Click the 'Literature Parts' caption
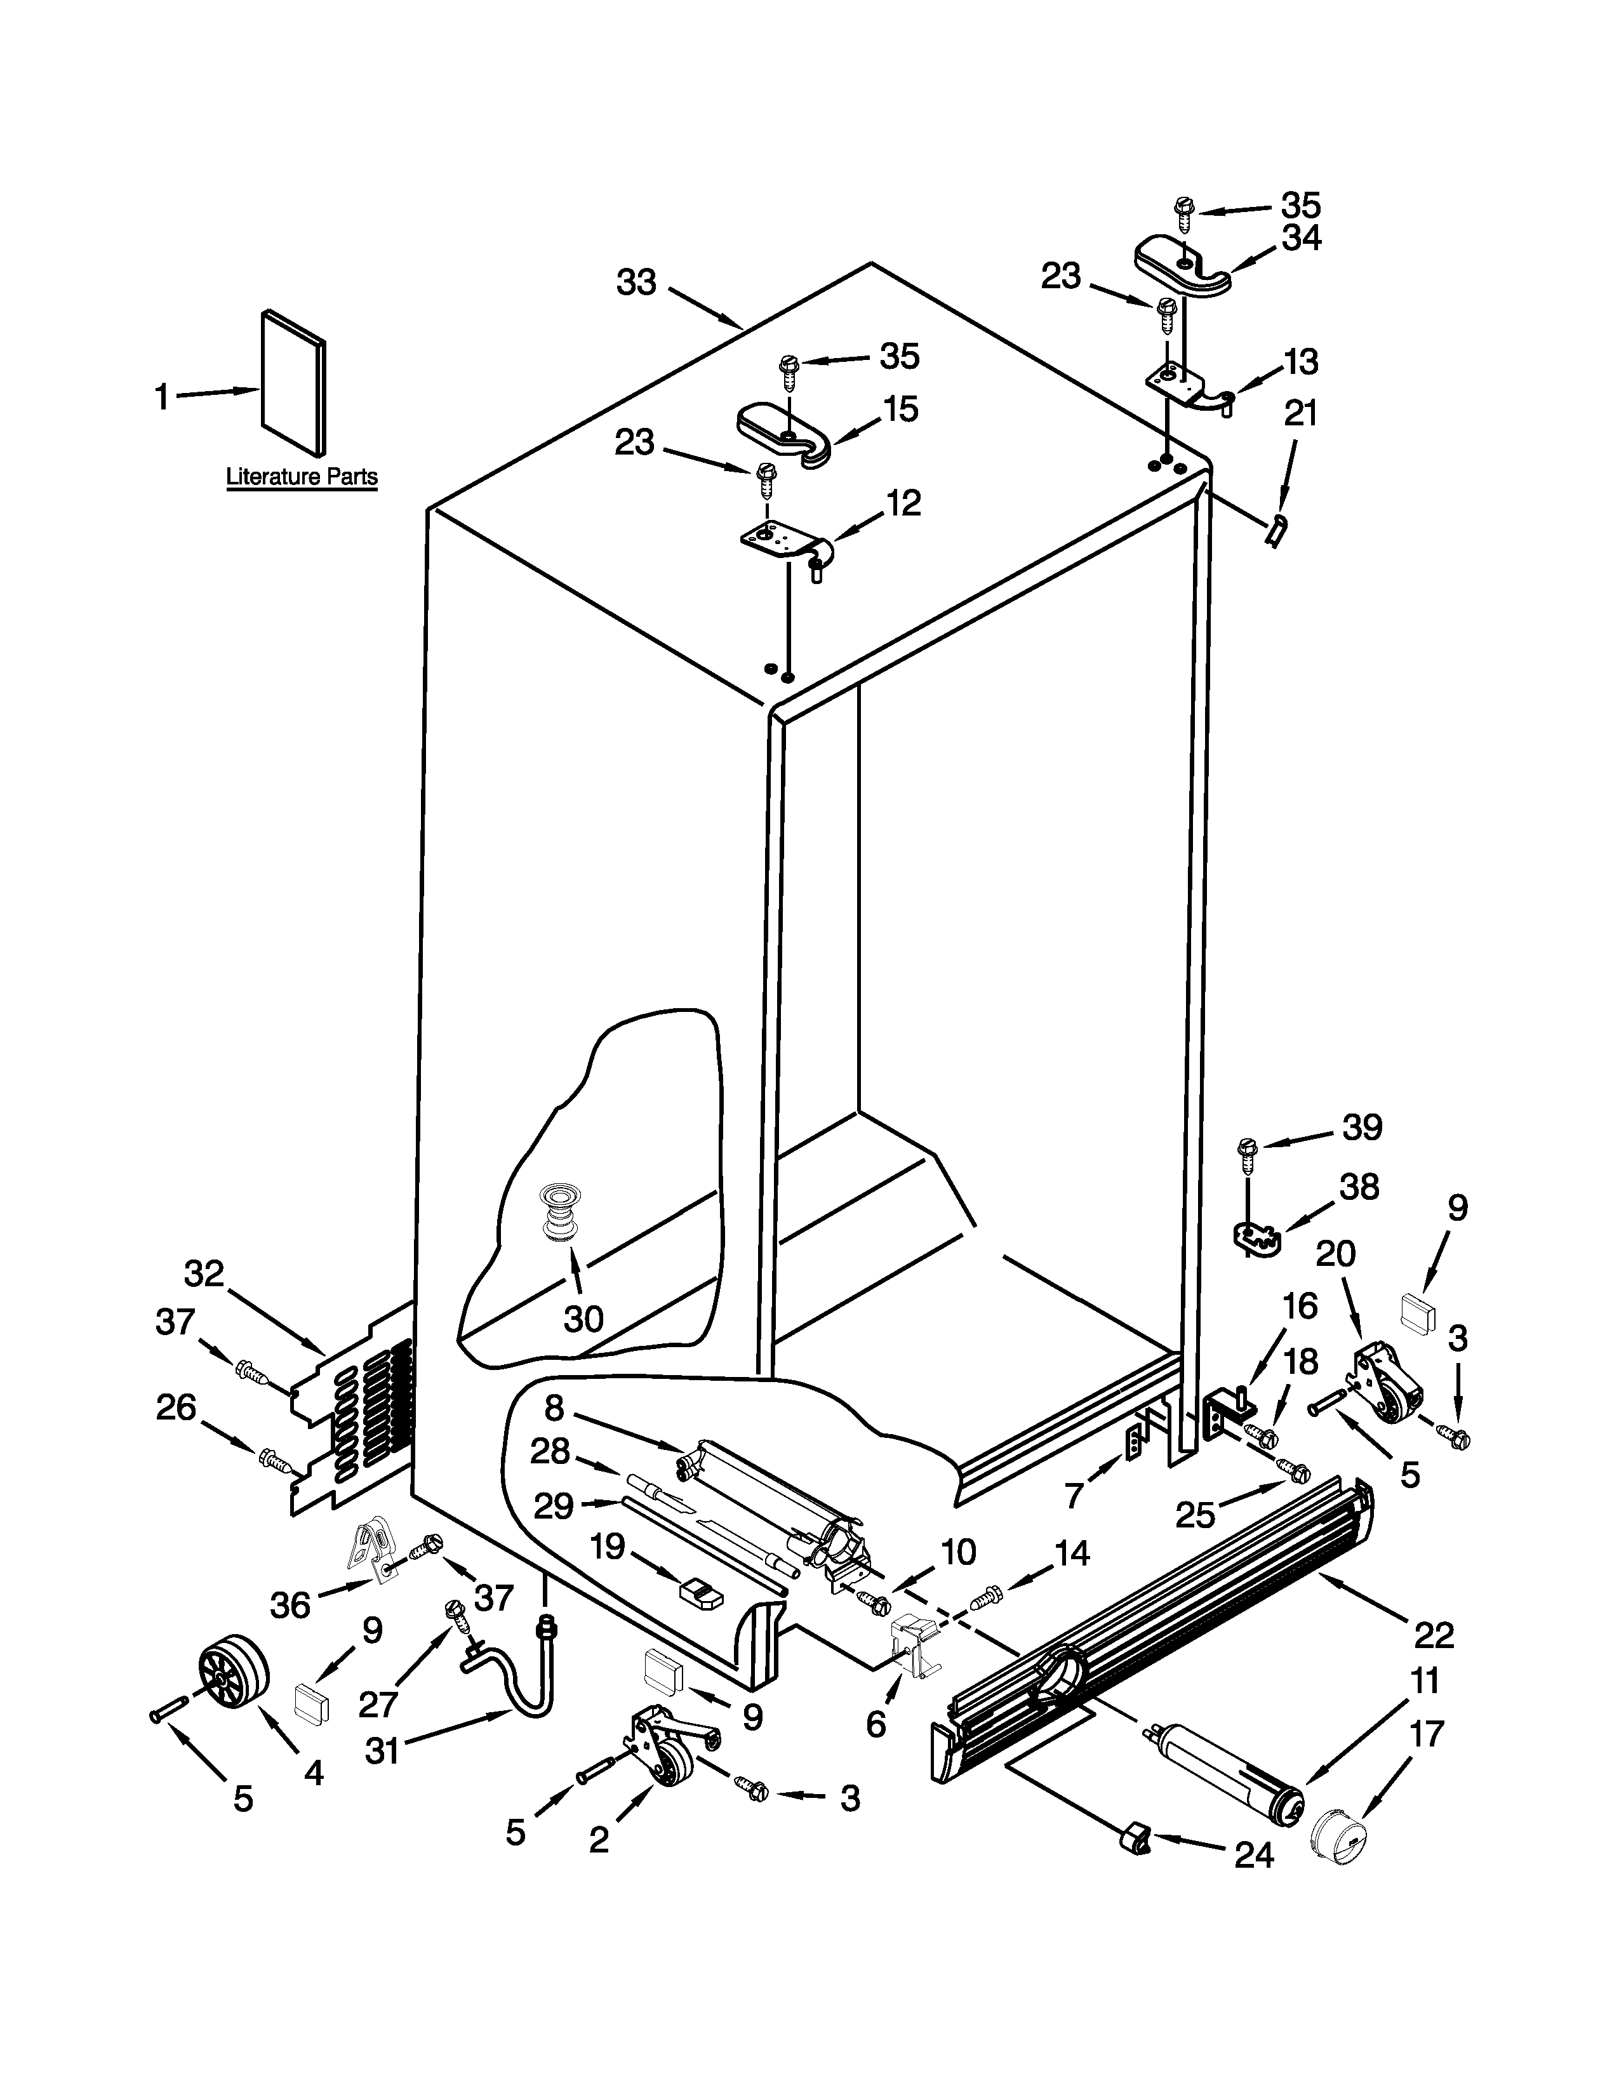click(x=301, y=477)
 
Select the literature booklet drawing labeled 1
click(x=293, y=381)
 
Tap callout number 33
click(x=636, y=283)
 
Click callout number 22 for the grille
click(x=1434, y=1635)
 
